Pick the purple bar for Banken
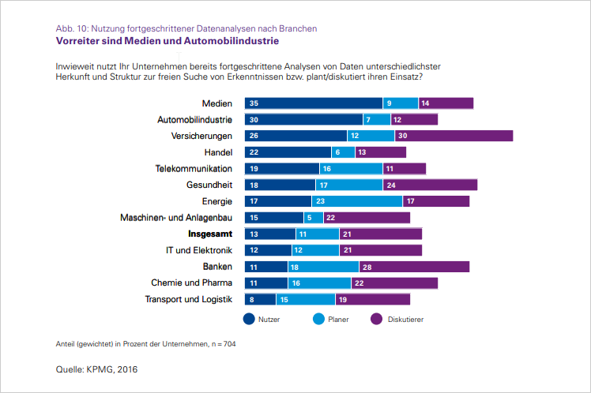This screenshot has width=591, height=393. [414, 267]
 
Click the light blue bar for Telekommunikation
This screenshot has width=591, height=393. [351, 169]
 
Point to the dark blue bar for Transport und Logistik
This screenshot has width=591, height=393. [260, 299]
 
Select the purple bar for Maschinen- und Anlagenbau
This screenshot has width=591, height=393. [367, 218]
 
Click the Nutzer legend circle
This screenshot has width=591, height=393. [249, 320]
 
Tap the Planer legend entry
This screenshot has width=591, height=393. [332, 320]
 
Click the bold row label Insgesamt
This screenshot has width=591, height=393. [209, 234]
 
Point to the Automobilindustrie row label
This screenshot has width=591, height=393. [194, 119]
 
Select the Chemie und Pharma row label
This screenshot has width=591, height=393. [191, 283]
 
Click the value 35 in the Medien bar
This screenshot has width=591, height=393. [254, 103]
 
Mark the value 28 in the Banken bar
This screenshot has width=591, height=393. [367, 267]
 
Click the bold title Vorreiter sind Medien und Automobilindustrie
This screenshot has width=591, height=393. [167, 40]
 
